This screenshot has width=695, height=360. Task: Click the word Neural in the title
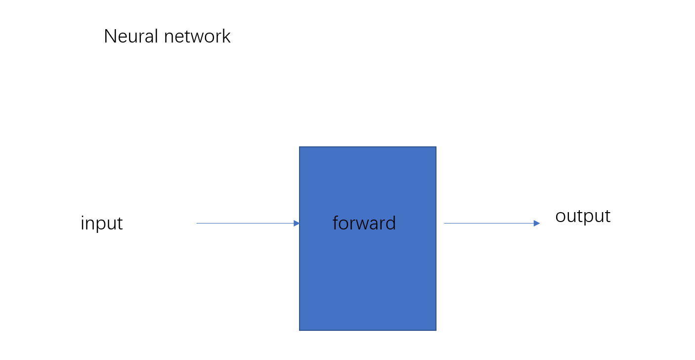click(x=131, y=36)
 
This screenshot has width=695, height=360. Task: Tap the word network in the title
click(x=197, y=36)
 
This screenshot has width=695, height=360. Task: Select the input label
click(x=102, y=224)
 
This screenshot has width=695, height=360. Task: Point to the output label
click(x=583, y=216)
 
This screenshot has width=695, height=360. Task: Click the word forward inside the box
click(x=364, y=223)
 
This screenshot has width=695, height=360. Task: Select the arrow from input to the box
click(x=248, y=223)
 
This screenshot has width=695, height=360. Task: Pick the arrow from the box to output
click(x=492, y=223)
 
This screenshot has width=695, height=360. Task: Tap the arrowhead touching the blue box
click(x=297, y=223)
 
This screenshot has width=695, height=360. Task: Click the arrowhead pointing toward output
click(x=537, y=223)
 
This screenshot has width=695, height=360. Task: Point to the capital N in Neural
click(x=110, y=36)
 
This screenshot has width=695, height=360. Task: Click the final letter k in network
click(x=226, y=36)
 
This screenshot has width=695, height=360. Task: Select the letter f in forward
click(x=336, y=223)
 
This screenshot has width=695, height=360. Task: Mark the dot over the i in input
click(x=83, y=217)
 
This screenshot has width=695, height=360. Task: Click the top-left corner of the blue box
click(x=300, y=147)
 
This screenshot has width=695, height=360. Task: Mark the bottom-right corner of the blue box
click(x=436, y=330)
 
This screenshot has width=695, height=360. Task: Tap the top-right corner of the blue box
click(x=436, y=147)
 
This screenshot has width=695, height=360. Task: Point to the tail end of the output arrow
click(x=444, y=223)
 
